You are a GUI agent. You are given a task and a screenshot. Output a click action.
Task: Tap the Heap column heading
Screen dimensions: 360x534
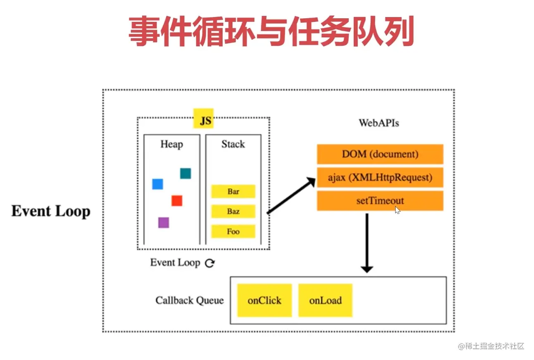(x=172, y=144)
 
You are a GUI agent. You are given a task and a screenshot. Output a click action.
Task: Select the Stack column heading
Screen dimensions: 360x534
(x=233, y=144)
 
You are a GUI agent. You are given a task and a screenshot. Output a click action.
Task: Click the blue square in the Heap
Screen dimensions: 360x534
(x=157, y=184)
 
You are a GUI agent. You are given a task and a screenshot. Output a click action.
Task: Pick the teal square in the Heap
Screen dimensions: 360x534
(x=185, y=174)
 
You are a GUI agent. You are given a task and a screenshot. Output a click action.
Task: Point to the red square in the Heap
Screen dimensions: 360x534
(x=177, y=201)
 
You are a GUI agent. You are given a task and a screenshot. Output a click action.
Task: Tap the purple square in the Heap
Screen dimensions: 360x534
(x=164, y=223)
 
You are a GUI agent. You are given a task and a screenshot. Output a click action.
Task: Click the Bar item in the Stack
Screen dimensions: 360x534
(x=233, y=192)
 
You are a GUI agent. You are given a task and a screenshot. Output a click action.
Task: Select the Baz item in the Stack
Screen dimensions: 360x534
(x=233, y=212)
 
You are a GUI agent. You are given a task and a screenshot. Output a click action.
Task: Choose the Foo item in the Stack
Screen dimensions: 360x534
(x=233, y=231)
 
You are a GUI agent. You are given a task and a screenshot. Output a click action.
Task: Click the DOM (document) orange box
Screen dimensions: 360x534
(x=380, y=155)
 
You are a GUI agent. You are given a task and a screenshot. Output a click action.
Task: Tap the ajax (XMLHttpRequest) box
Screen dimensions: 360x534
(x=380, y=178)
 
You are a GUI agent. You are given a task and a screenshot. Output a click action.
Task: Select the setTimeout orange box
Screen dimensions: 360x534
(x=380, y=201)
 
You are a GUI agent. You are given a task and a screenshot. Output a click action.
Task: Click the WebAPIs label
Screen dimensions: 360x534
(x=379, y=123)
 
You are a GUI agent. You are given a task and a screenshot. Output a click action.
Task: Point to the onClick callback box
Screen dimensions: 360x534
(x=265, y=300)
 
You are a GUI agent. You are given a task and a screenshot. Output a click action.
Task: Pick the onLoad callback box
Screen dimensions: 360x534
(x=325, y=300)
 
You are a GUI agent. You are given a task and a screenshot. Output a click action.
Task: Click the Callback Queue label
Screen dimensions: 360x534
(x=189, y=300)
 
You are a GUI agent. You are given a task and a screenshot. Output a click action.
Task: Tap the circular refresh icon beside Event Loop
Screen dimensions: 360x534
(x=210, y=263)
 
